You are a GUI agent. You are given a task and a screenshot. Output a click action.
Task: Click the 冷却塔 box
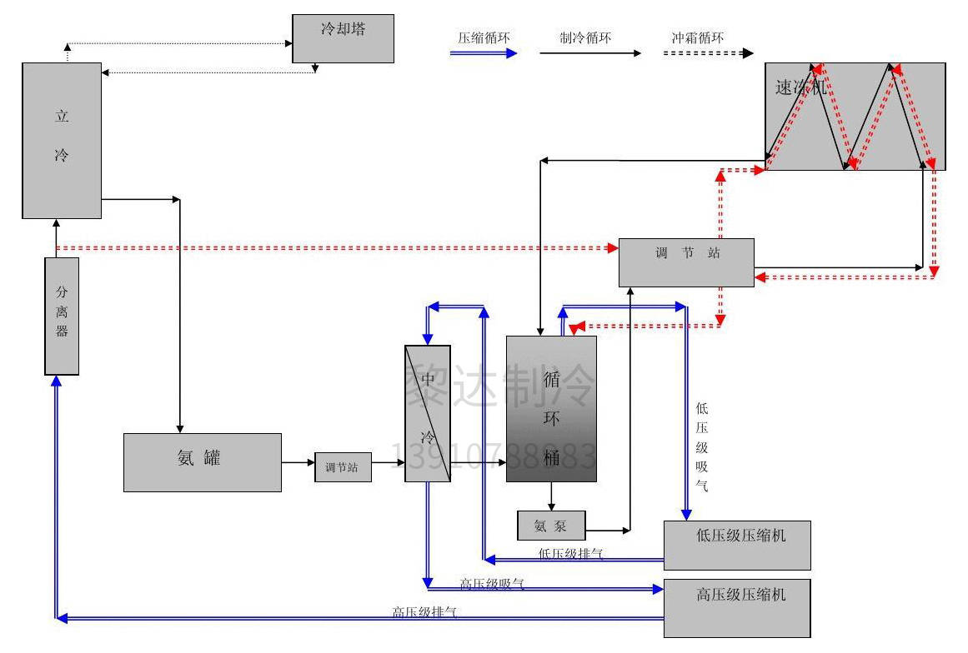(x=343, y=38)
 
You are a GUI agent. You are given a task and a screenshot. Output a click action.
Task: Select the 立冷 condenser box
(x=62, y=140)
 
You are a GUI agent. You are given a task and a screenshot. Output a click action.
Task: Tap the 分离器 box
(x=62, y=316)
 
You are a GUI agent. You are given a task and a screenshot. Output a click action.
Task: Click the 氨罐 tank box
(x=202, y=461)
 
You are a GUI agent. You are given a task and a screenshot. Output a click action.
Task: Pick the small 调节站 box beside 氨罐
(x=343, y=467)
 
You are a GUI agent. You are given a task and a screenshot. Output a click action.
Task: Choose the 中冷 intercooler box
(x=428, y=413)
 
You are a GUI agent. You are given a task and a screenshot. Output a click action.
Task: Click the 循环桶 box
(x=551, y=408)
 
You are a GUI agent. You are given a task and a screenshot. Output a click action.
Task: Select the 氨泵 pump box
(x=551, y=526)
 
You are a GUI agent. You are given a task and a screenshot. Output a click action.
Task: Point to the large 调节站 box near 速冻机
(x=686, y=262)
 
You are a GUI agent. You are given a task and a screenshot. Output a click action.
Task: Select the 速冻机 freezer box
(x=855, y=117)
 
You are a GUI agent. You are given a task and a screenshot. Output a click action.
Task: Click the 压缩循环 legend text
(x=484, y=37)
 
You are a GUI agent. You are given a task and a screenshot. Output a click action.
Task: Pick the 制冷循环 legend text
(x=585, y=37)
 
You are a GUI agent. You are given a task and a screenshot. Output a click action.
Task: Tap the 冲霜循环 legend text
(x=698, y=37)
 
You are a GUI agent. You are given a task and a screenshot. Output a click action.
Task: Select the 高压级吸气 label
(x=492, y=584)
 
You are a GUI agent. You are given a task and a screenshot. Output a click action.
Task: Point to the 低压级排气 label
(x=571, y=553)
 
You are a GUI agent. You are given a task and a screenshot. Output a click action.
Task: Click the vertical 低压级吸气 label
(x=702, y=446)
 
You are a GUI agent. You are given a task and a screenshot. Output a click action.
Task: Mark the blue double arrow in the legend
(x=484, y=53)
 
